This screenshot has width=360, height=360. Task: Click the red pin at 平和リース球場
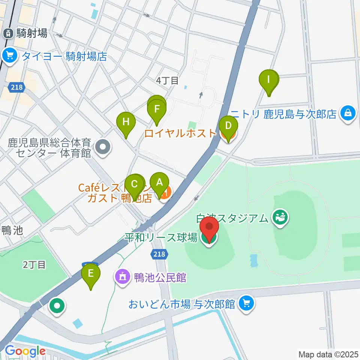point(209,229)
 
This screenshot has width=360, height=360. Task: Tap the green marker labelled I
point(269,80)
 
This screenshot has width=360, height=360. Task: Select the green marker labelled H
point(126,123)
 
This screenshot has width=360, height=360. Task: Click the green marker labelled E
point(91,274)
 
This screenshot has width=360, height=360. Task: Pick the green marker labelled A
point(159,183)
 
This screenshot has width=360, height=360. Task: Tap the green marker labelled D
point(228,126)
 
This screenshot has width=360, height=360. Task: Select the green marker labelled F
point(157,111)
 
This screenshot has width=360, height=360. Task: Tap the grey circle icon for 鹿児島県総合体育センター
point(103,147)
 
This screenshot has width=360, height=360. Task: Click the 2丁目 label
point(34,265)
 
